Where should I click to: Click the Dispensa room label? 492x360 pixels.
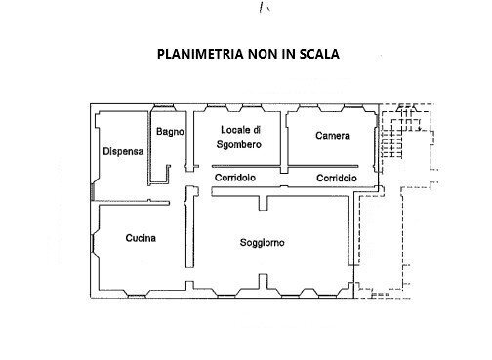coord(123,151)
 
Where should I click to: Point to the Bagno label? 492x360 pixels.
coord(168,130)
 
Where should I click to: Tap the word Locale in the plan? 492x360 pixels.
coord(240,130)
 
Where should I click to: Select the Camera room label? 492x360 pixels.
coord(332,136)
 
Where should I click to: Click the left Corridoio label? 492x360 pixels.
coord(234,178)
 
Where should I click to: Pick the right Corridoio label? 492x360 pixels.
coord(337,178)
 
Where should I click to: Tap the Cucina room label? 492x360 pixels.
coord(142,238)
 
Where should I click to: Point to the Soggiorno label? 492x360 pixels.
coord(263,243)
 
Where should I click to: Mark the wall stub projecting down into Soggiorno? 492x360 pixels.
coord(264,202)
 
